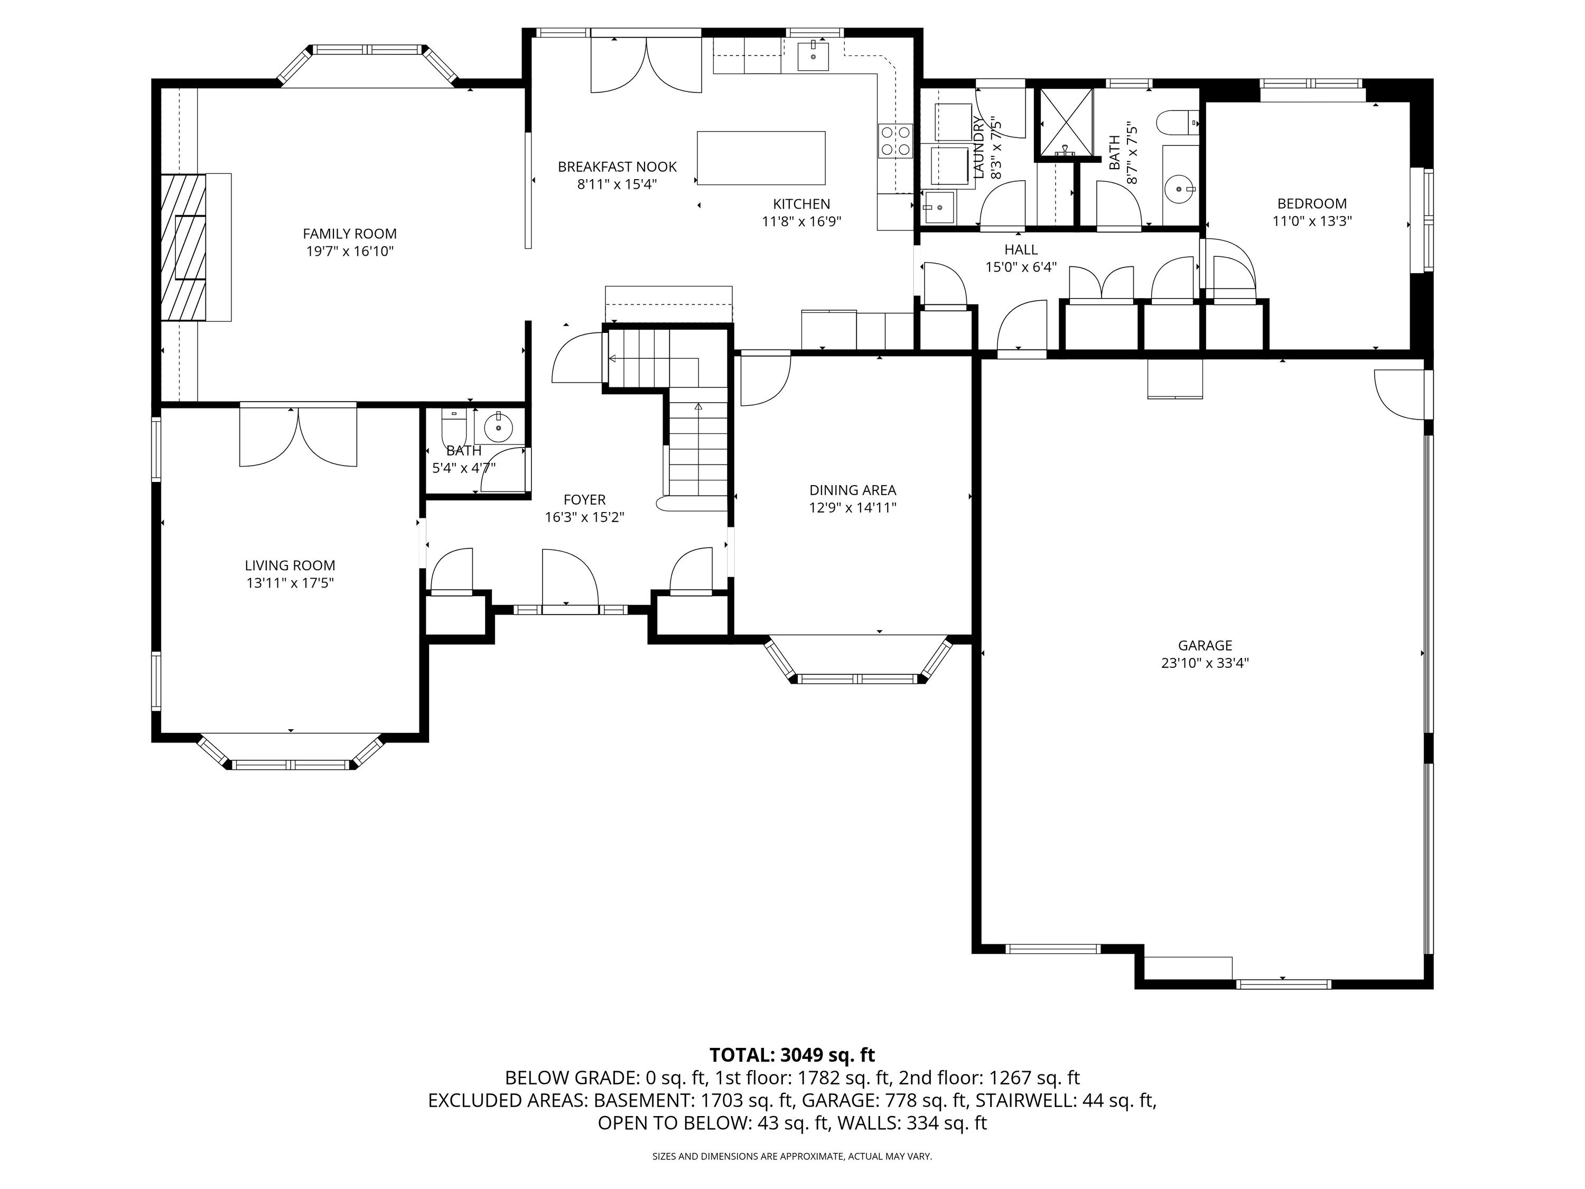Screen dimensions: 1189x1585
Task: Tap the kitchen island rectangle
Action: point(760,157)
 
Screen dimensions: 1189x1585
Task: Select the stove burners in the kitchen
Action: point(896,141)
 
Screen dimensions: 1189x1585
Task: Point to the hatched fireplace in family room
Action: point(183,247)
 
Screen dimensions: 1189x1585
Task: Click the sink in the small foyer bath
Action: point(498,429)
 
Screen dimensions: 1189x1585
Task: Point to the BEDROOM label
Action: point(1311,203)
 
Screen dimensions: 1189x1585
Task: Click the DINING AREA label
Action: point(852,490)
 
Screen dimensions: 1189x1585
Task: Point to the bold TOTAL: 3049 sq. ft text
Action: point(792,1055)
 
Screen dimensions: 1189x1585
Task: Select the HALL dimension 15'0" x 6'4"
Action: point(1020,267)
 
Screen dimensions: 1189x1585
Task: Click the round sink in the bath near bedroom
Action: point(1179,189)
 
